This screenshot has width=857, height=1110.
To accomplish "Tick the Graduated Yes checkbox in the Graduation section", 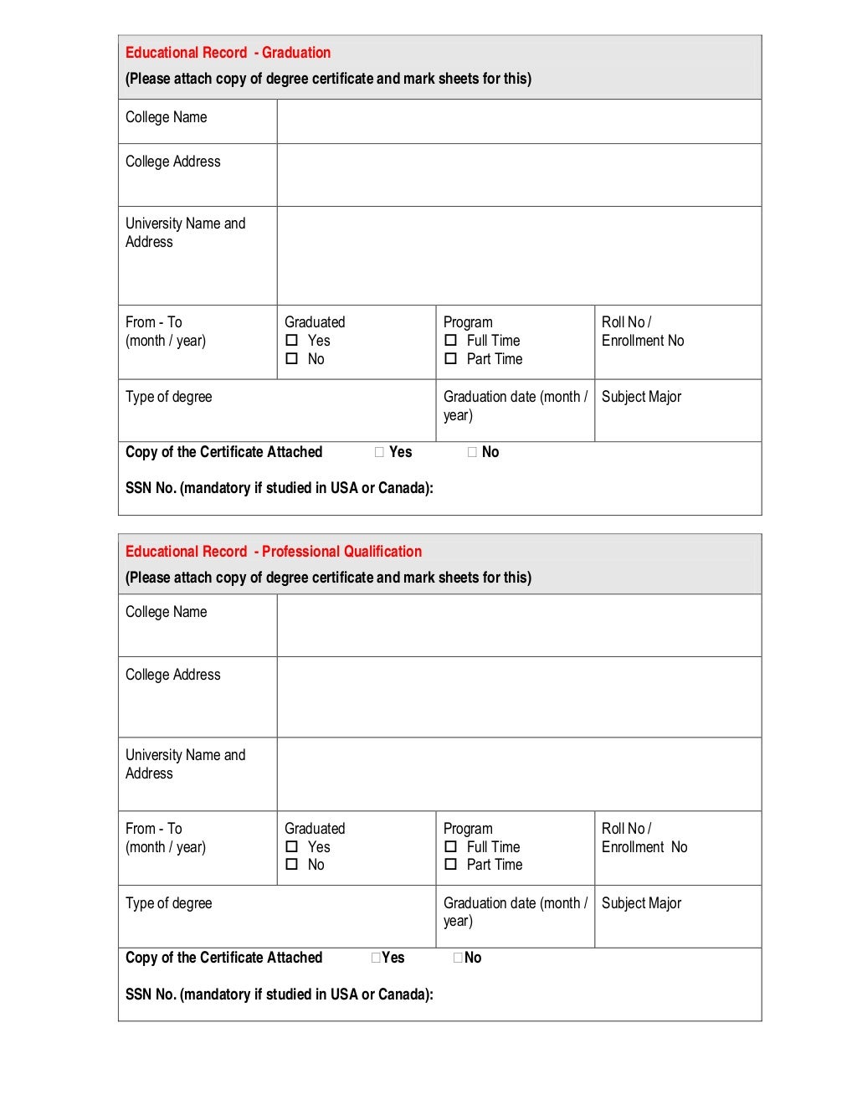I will pos(291,341).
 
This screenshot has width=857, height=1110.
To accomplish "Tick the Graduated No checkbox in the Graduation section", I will pos(291,359).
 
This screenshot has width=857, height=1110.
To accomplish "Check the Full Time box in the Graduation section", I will pos(450,341).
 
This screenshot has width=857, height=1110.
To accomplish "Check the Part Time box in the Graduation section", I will pos(450,359).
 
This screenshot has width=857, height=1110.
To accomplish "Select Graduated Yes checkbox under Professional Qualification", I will pos(291,847).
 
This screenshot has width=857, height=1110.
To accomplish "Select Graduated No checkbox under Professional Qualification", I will pos(291,865).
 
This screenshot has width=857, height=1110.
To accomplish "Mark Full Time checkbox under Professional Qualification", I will pos(450,847).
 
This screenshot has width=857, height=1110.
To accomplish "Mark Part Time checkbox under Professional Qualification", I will pos(450,865).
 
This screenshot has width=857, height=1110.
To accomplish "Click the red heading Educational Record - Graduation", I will pos(228,53).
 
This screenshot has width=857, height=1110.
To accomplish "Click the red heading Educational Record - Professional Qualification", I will pos(273,552).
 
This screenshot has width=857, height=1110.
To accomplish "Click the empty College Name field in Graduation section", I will pos(519,121).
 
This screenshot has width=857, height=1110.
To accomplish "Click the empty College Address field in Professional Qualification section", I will pos(519,696).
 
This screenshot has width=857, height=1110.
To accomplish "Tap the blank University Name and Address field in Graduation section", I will pos(519,255).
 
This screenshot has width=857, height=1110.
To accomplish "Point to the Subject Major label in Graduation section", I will pos(641,397).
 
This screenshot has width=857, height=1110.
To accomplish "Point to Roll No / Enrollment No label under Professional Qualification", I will pos(644,838).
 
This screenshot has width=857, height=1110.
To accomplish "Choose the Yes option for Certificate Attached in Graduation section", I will pos(380,452).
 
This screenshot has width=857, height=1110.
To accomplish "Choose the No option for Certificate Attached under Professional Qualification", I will pos(458,958).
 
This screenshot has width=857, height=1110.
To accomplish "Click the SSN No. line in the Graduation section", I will pos(280,488).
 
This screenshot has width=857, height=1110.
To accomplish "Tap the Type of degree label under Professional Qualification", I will pos(169,903).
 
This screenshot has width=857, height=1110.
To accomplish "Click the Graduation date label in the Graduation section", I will pos(515,405).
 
